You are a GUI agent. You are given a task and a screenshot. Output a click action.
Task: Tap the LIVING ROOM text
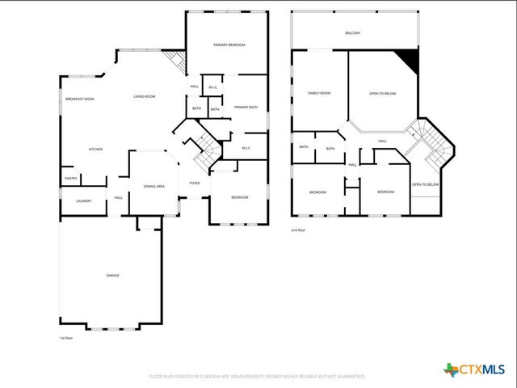click(145, 97)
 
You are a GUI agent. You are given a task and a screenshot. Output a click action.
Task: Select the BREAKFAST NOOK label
click(79, 99)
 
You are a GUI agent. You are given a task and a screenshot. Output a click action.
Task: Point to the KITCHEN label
click(95, 150)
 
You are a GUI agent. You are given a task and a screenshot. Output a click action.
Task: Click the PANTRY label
click(70, 179)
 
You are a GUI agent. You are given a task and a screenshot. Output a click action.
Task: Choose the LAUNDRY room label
click(83, 201)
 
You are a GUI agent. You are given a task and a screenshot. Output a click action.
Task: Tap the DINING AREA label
click(154, 187)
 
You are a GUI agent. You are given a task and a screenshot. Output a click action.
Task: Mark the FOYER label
click(195, 183)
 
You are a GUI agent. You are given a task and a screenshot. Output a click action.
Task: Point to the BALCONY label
click(352, 33)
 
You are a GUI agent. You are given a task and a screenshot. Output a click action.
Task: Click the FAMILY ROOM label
click(319, 94)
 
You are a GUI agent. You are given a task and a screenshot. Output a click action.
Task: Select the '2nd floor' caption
click(299, 230)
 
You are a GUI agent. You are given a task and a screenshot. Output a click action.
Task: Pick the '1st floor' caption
click(66, 338)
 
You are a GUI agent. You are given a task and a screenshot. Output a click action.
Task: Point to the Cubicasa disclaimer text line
click(258, 377)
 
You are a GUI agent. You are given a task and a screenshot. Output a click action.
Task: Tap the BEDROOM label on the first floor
click(240, 198)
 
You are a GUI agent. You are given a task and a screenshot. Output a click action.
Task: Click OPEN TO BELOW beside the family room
click(382, 94)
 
